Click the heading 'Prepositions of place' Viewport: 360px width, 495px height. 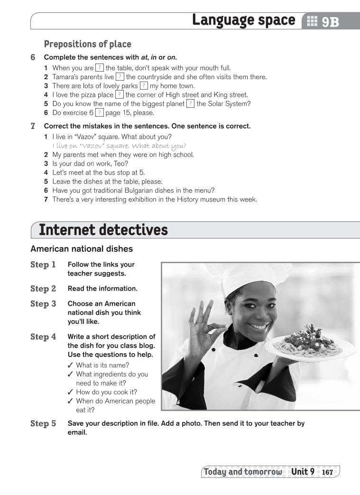point(87,44)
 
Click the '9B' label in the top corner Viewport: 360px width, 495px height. point(330,22)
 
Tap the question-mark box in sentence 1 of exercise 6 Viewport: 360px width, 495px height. point(100,68)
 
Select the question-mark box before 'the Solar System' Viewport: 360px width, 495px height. point(190,104)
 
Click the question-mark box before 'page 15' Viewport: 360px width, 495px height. point(99,113)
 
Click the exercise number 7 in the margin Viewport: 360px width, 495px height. point(33,126)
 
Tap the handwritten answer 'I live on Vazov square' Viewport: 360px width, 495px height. point(119,146)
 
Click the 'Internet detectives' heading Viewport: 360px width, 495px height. point(103,230)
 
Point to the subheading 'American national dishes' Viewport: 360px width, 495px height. point(82,249)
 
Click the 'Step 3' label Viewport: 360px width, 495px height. point(43,304)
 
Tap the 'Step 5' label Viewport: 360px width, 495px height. point(43,423)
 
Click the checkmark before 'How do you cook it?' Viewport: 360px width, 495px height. point(70,392)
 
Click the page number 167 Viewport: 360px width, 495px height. point(327,472)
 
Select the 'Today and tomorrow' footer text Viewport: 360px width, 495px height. point(242,472)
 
